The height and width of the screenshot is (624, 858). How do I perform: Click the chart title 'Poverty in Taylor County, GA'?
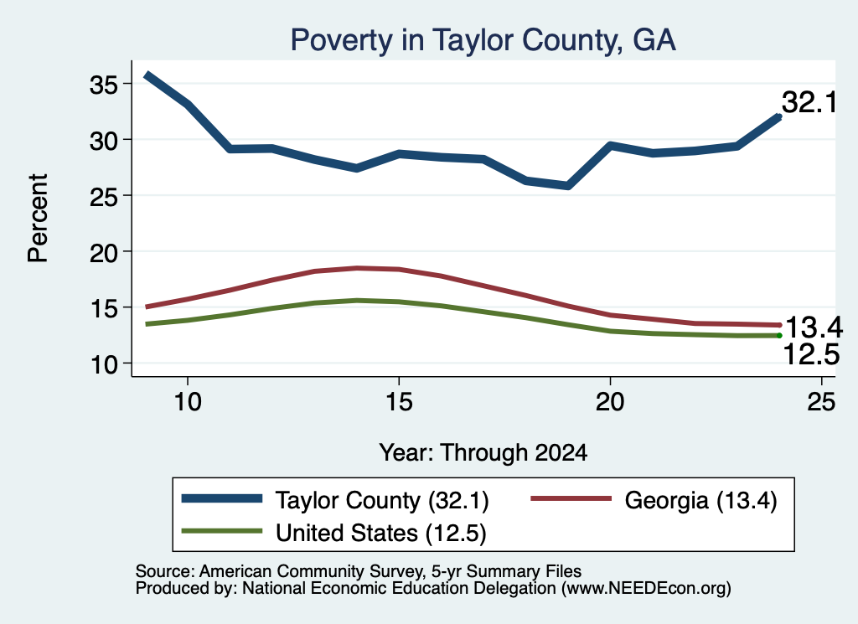[x=483, y=40]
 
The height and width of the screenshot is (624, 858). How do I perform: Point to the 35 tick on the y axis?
[x=103, y=85]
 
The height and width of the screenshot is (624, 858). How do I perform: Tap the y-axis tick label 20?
[x=103, y=252]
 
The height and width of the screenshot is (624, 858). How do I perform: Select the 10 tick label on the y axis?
[x=103, y=364]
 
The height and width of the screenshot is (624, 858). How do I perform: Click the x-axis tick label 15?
[x=399, y=402]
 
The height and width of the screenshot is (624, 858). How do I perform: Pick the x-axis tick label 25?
[x=821, y=402]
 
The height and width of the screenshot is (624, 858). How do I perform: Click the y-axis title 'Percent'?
[x=39, y=219]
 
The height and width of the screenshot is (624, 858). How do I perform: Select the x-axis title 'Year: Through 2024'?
[x=483, y=453]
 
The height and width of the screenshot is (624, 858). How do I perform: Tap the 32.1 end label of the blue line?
[x=809, y=102]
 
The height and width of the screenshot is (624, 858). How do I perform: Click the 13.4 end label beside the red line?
[x=814, y=327]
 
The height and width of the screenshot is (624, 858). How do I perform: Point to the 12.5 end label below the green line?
[x=811, y=353]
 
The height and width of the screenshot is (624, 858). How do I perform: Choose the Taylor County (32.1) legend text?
[x=382, y=500]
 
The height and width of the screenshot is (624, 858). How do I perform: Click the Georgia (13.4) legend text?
[x=700, y=500]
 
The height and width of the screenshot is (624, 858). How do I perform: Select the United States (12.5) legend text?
[x=381, y=533]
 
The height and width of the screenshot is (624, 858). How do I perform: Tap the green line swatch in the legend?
[x=222, y=530]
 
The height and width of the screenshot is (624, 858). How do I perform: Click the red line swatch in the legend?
[x=571, y=498]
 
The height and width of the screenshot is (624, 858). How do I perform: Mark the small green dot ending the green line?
[x=779, y=335]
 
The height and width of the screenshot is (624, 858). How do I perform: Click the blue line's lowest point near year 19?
[x=568, y=186]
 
